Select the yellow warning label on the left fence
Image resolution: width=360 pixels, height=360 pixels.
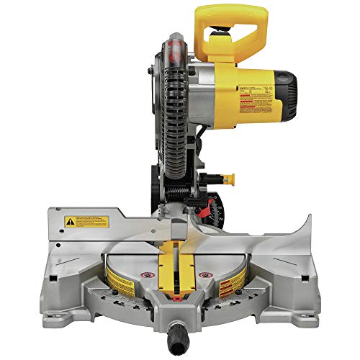click(86, 221)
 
